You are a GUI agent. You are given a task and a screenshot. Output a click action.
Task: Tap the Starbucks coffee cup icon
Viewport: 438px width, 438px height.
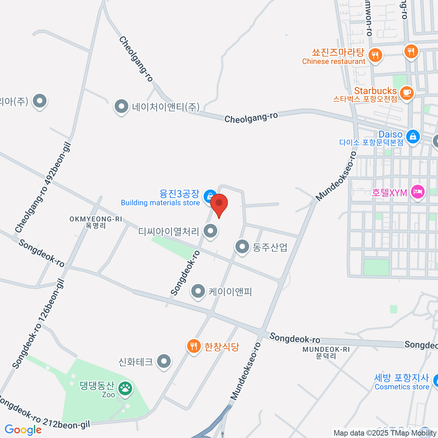coord(406,92)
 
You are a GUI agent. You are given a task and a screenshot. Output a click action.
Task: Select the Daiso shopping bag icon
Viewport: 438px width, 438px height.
coord(412,137)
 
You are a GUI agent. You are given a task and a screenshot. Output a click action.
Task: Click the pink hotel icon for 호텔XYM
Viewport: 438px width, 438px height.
coord(418,192)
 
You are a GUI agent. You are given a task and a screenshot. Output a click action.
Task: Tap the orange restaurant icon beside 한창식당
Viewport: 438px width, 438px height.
coord(194,345)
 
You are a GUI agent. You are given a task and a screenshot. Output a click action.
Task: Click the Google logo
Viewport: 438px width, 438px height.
coord(23,430)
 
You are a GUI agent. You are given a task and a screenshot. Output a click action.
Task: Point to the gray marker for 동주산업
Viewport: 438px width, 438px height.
coord(242,247)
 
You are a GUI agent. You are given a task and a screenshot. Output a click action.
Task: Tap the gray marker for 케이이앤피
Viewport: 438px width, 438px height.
coord(198,291)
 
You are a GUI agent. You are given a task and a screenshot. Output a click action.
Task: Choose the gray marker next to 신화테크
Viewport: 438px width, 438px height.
coord(164,361)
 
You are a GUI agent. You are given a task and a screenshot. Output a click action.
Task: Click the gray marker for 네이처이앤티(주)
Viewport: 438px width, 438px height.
coord(121,107)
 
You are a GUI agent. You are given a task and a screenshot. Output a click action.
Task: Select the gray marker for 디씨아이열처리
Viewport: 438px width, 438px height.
coord(210,231)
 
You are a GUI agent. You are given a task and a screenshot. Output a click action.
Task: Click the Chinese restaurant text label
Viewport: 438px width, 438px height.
coord(334,62)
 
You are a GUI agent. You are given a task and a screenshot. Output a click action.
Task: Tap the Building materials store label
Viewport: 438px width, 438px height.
coord(160,203)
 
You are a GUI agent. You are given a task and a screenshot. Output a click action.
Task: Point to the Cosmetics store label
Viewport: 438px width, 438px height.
coord(402,387)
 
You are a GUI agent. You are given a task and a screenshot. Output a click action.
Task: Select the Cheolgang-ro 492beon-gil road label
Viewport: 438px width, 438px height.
coord(43,187)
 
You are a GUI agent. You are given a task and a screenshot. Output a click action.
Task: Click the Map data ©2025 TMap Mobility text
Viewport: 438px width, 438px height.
coord(385,433)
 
